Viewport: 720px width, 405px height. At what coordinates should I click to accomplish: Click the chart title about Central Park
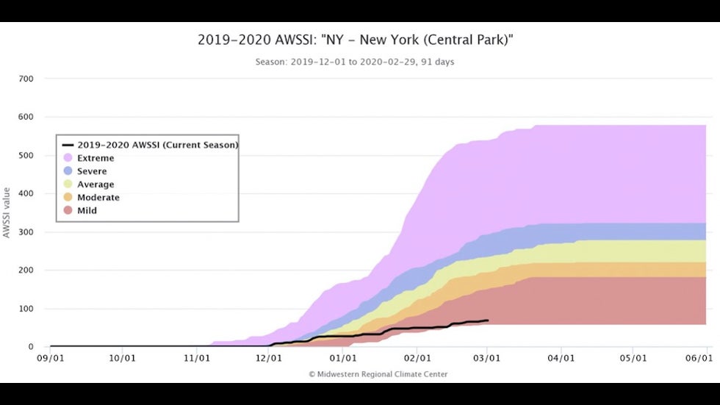pyautogui.click(x=355, y=40)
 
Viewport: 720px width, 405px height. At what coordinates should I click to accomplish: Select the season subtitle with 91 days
pyautogui.click(x=355, y=62)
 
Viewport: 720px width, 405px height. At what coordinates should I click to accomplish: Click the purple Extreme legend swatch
pyautogui.click(x=68, y=158)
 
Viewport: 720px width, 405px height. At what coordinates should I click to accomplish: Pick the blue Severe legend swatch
pyautogui.click(x=68, y=171)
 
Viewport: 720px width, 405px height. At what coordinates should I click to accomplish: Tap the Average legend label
pyautogui.click(x=96, y=184)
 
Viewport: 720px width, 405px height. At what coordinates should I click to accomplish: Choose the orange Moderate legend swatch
pyautogui.click(x=68, y=198)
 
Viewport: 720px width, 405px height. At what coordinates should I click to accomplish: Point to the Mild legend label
pyautogui.click(x=87, y=211)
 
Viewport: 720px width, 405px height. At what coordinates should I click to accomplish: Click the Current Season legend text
pyautogui.click(x=157, y=145)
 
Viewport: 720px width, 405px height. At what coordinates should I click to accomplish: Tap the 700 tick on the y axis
pyautogui.click(x=26, y=79)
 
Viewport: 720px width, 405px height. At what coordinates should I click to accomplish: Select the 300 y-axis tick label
pyautogui.click(x=26, y=232)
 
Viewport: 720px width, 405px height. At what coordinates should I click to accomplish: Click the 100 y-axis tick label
pyautogui.click(x=26, y=309)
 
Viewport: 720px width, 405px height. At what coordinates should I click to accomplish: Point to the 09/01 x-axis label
pyautogui.click(x=50, y=359)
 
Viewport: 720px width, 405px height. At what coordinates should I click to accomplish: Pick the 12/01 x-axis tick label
pyautogui.click(x=269, y=359)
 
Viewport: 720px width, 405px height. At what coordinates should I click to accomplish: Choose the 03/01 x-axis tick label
pyautogui.click(x=488, y=359)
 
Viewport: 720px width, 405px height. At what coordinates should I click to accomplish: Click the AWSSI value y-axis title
pyautogui.click(x=7, y=212)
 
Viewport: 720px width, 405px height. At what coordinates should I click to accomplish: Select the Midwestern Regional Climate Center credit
pyautogui.click(x=378, y=374)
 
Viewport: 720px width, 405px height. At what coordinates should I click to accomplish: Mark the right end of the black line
pyautogui.click(x=489, y=320)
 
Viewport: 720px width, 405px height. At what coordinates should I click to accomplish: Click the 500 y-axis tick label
pyautogui.click(x=26, y=156)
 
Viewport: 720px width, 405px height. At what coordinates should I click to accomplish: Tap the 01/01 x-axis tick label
pyautogui.click(x=343, y=359)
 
